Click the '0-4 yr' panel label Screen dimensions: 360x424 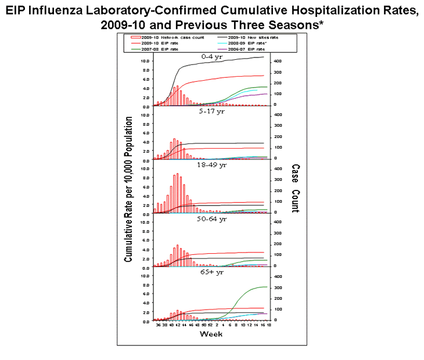[207, 56]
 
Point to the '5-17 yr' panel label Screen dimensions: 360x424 [207, 111]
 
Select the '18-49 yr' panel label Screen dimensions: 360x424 [207, 165]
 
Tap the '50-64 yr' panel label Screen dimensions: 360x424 [207, 218]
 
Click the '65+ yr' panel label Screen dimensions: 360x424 [207, 272]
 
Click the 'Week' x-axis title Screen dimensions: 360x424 [209, 334]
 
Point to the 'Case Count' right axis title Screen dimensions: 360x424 [295, 189]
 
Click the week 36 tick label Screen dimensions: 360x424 [158, 325]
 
